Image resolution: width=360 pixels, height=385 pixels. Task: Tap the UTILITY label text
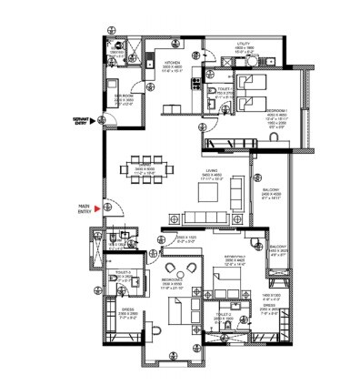pyautogui.click(x=243, y=43)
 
